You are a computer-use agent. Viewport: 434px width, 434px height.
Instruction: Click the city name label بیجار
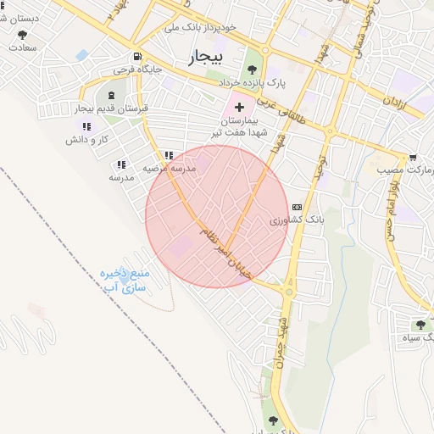point(202,57)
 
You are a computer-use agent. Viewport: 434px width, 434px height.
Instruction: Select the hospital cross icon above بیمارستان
point(239,107)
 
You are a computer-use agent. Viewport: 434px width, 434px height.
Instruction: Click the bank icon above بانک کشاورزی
point(296,207)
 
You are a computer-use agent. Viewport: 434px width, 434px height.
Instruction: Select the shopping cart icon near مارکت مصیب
point(413,158)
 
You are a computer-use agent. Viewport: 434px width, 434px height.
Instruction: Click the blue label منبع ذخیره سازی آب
point(125,281)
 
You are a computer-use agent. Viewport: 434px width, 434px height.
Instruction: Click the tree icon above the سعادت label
point(22,35)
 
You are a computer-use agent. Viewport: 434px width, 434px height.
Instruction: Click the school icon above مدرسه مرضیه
point(169,155)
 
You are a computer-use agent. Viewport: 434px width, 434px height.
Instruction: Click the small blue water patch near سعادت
point(81,55)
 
